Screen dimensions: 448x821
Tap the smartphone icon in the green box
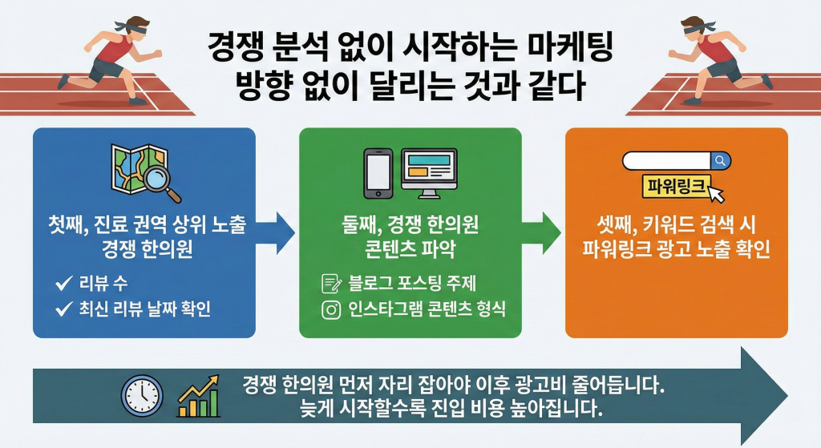pyautogui.click(x=378, y=172)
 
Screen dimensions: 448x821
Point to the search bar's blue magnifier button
pyautogui.click(x=720, y=161)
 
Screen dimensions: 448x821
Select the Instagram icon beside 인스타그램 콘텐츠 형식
pyautogui.click(x=330, y=310)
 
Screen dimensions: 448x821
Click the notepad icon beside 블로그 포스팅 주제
pyautogui.click(x=330, y=284)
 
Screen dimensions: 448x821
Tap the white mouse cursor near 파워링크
pyautogui.click(x=716, y=192)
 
